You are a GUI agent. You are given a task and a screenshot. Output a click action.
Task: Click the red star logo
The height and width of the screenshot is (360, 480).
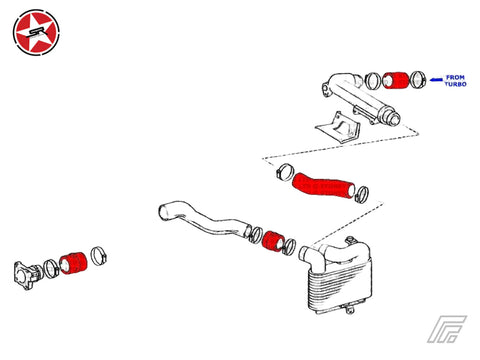pyautogui.click(x=36, y=32)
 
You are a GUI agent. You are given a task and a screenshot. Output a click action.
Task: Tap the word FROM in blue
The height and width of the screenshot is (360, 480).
pyautogui.click(x=455, y=77)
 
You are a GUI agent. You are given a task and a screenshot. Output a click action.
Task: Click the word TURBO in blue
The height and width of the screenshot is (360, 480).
pyautogui.click(x=455, y=84)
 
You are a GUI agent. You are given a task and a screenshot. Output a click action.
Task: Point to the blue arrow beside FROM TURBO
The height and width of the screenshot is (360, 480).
pyautogui.click(x=436, y=80)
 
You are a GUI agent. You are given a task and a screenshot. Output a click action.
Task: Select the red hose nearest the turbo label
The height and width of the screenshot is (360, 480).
pyautogui.click(x=395, y=80)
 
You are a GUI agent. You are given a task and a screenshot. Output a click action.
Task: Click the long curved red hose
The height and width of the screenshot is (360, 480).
pyautogui.click(x=323, y=185)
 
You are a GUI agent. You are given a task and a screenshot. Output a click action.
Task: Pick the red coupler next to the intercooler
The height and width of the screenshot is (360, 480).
pyautogui.click(x=273, y=241)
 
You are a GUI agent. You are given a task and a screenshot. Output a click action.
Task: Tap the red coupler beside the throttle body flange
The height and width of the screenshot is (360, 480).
pyautogui.click(x=73, y=264)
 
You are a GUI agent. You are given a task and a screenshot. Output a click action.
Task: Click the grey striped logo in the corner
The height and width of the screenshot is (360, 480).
pyautogui.click(x=447, y=329)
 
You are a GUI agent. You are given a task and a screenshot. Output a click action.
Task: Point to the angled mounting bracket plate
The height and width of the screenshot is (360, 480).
pyautogui.click(x=337, y=129)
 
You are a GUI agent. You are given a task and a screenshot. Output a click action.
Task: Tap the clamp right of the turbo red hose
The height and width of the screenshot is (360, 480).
pyautogui.click(x=418, y=80)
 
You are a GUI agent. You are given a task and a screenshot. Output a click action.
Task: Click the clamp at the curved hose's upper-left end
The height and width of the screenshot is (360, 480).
pyautogui.click(x=284, y=172)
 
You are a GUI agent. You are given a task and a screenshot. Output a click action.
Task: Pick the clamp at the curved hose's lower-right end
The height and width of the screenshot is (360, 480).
pyautogui.click(x=362, y=194)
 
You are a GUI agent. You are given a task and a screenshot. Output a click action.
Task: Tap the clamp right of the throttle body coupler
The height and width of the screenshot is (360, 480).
pyautogui.click(x=98, y=256)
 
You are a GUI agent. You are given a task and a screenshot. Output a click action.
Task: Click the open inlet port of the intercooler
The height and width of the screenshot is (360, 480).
pyautogui.click(x=304, y=254)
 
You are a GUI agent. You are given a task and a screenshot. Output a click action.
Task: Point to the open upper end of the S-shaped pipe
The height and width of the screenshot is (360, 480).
pyautogui.click(x=163, y=213)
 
